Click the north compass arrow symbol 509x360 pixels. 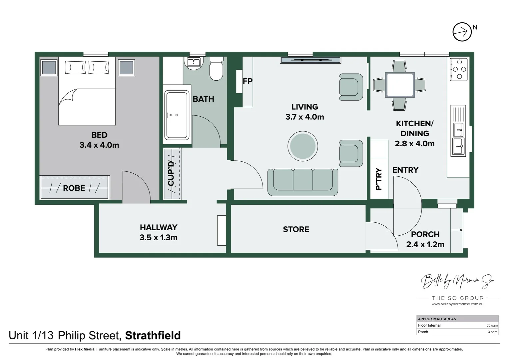[462, 32]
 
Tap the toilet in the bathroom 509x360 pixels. [216, 69]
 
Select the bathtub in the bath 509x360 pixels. [177, 115]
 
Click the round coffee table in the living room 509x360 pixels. [302, 146]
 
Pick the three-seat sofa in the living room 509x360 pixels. [302, 182]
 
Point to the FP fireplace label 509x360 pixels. [248, 81]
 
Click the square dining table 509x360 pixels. [399, 85]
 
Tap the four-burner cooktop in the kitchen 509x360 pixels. [459, 69]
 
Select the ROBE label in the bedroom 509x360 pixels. [74, 188]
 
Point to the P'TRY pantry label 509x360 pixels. [379, 179]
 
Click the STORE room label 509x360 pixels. [296, 229]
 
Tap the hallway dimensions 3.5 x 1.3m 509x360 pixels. [158, 237]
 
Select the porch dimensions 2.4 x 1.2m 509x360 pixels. [425, 244]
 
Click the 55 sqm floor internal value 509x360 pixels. [492, 325]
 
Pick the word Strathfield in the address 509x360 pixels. [153, 335]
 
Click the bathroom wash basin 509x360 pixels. [193, 62]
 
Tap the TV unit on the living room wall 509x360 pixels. [310, 60]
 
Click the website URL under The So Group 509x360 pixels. [457, 304]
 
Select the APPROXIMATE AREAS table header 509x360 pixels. [437, 319]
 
